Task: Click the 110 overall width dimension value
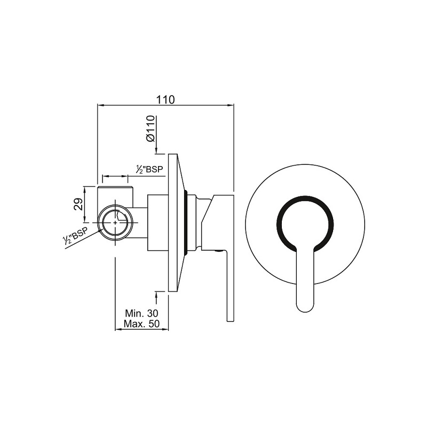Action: pyautogui.click(x=165, y=99)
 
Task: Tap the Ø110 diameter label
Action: pyautogui.click(x=150, y=128)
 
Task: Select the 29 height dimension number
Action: pyautogui.click(x=78, y=204)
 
